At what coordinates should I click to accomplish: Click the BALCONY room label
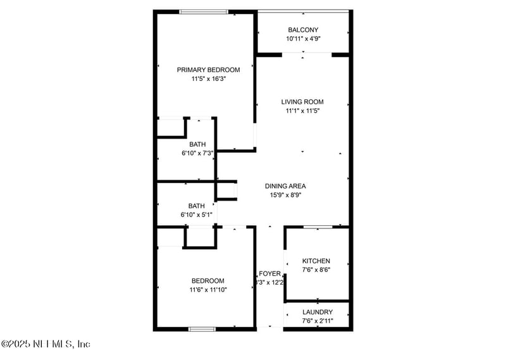(303, 30)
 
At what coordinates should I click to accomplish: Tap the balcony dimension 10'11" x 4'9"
(303, 39)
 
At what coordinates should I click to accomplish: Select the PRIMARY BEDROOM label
(208, 70)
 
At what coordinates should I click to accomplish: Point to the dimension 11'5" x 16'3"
(208, 79)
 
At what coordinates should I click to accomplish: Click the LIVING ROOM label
(302, 102)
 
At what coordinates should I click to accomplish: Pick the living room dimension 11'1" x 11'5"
(302, 111)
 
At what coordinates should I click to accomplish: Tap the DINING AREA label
(285, 186)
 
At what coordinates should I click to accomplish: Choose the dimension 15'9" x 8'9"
(285, 195)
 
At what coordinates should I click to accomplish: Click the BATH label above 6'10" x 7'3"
(197, 145)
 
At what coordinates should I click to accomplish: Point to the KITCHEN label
(316, 261)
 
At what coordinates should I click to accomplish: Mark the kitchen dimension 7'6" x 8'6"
(316, 270)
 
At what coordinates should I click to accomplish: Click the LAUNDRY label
(318, 313)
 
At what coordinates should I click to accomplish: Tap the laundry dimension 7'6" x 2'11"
(318, 321)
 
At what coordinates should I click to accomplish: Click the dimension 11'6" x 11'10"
(208, 290)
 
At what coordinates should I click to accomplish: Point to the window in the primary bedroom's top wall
(204, 11)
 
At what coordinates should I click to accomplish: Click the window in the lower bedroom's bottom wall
(202, 328)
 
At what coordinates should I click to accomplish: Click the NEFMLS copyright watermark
(46, 344)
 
